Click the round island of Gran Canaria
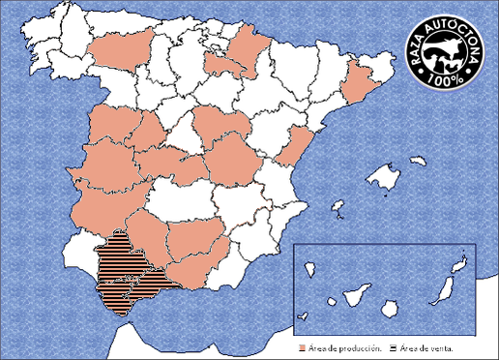[x=390, y=306]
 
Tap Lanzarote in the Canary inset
[x=461, y=261]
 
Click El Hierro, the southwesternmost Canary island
[x=304, y=314]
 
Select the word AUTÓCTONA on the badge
[x=455, y=39]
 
